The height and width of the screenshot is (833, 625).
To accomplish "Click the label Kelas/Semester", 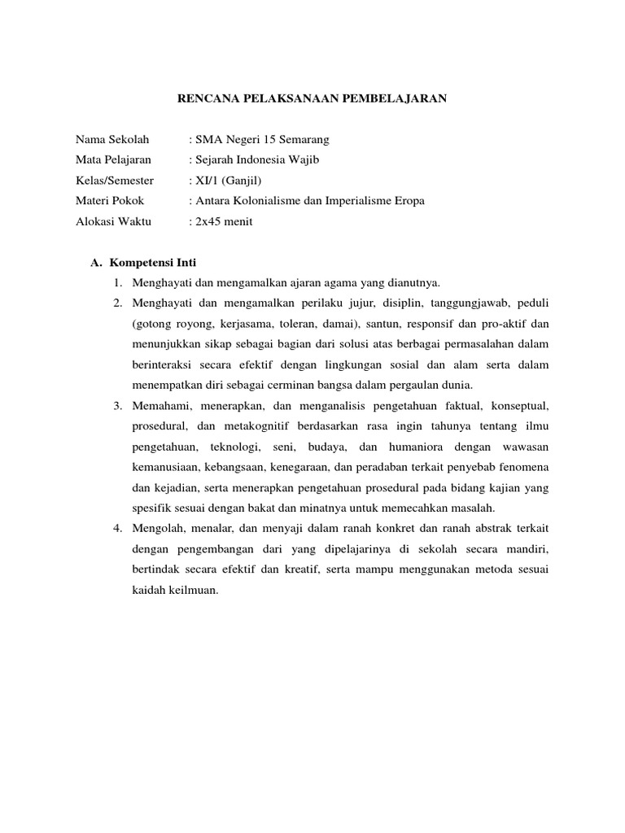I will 115,180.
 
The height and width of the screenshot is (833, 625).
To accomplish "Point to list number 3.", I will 118,404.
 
